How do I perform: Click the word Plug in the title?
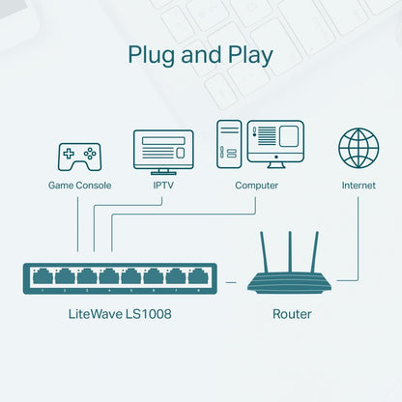(x=154, y=54)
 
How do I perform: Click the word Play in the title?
(x=246, y=54)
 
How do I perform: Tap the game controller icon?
(x=79, y=155)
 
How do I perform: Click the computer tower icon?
(x=229, y=145)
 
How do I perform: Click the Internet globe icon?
(x=359, y=148)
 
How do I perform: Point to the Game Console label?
(x=79, y=186)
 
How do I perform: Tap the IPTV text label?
(x=163, y=186)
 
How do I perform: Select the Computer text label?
(x=256, y=186)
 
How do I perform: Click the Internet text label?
(x=359, y=186)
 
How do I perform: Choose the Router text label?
(x=292, y=313)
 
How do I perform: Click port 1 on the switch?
(x=42, y=278)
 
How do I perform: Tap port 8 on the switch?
(x=198, y=278)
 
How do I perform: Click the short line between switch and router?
(x=230, y=280)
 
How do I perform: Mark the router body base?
(x=290, y=282)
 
